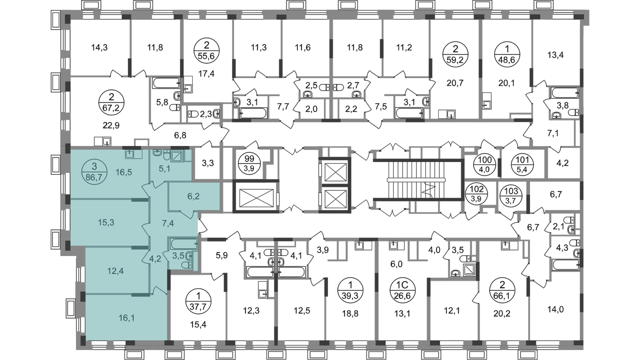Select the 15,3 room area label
106,222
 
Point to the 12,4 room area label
104,271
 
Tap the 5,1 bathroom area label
164,169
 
